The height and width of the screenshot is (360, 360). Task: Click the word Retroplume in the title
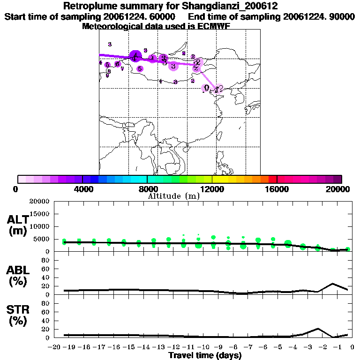88,6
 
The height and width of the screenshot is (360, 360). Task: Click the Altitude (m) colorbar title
174,196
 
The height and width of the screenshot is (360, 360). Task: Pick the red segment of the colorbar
272,179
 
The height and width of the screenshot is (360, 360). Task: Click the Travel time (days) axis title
205,356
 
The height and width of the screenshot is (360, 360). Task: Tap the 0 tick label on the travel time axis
351,347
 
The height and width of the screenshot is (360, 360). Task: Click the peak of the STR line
317,329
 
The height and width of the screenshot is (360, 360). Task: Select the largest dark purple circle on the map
135,56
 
